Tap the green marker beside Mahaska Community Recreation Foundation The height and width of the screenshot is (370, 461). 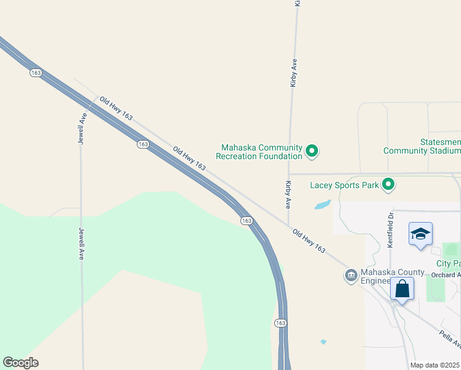click(312, 150)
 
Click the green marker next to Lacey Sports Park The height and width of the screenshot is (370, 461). click(388, 184)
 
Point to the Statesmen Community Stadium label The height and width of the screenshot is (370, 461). click(422, 147)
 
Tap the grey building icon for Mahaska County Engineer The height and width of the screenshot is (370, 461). click(351, 276)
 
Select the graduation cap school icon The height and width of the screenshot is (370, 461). click(420, 234)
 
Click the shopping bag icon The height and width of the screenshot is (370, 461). click(402, 289)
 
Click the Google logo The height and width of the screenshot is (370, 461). click(21, 362)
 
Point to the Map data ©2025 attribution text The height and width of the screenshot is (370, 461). click(435, 365)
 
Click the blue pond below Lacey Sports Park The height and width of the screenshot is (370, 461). click(322, 204)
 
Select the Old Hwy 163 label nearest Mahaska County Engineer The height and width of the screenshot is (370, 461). click(309, 240)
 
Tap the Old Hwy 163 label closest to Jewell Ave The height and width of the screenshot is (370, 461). click(116, 108)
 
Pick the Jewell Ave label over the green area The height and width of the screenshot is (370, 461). click(81, 244)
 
